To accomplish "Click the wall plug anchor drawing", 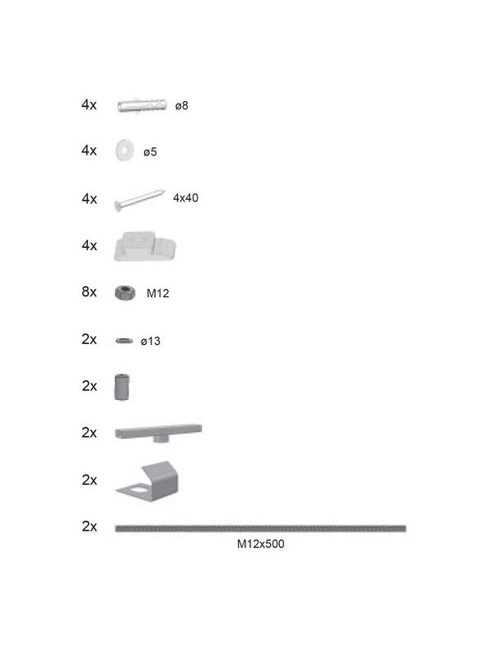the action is tap(142, 106).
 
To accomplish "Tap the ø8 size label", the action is tap(181, 106).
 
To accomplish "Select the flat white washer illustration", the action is tap(124, 151).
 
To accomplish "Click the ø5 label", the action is tap(150, 152).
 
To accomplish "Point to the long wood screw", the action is tap(139, 200).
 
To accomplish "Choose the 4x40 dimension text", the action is tap(185, 198).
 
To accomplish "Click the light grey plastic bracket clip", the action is tap(145, 246).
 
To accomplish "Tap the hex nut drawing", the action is tap(125, 293).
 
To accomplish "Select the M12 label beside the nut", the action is tap(158, 293).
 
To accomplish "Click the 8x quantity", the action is tap(89, 291).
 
